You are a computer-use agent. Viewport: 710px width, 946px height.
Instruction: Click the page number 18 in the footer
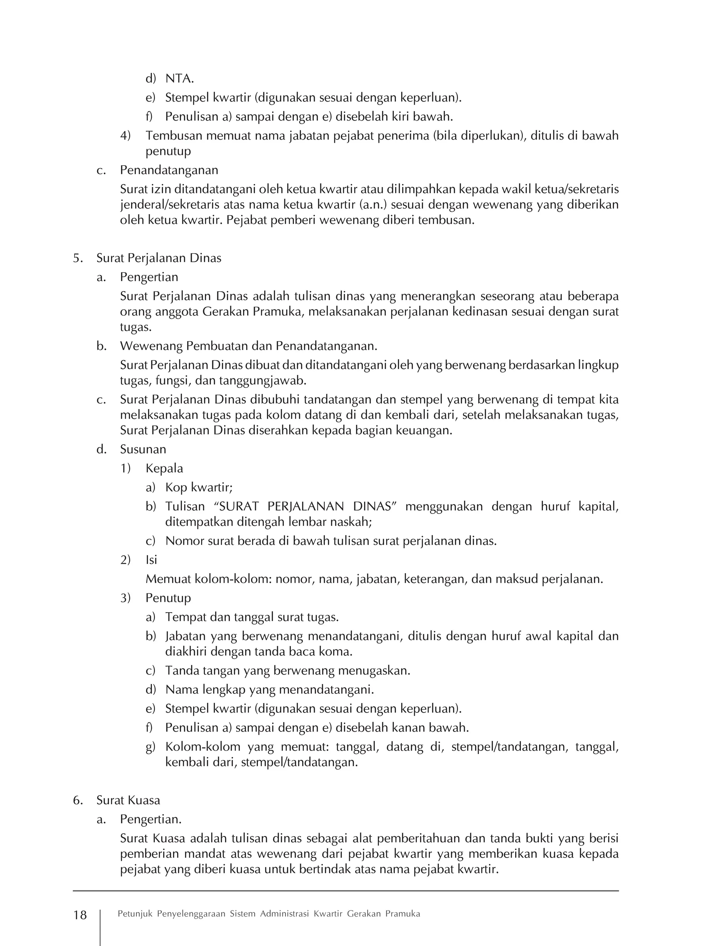tap(80, 915)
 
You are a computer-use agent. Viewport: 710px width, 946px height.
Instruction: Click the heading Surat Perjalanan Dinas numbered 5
tap(159, 258)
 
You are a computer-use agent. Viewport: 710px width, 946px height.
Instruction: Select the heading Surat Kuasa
tap(128, 800)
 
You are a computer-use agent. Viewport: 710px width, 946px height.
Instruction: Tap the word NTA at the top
tap(179, 79)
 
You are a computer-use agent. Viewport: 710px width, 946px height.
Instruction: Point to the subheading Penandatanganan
tap(169, 170)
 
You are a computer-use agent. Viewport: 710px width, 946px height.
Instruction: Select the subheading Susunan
tap(143, 449)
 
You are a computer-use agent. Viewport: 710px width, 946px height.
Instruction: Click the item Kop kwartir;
tap(199, 487)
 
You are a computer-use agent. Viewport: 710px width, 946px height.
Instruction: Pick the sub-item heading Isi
tap(151, 560)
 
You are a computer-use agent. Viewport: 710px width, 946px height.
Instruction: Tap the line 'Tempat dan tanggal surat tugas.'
tap(252, 617)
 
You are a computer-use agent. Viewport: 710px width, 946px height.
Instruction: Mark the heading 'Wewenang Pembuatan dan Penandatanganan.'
tap(249, 346)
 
